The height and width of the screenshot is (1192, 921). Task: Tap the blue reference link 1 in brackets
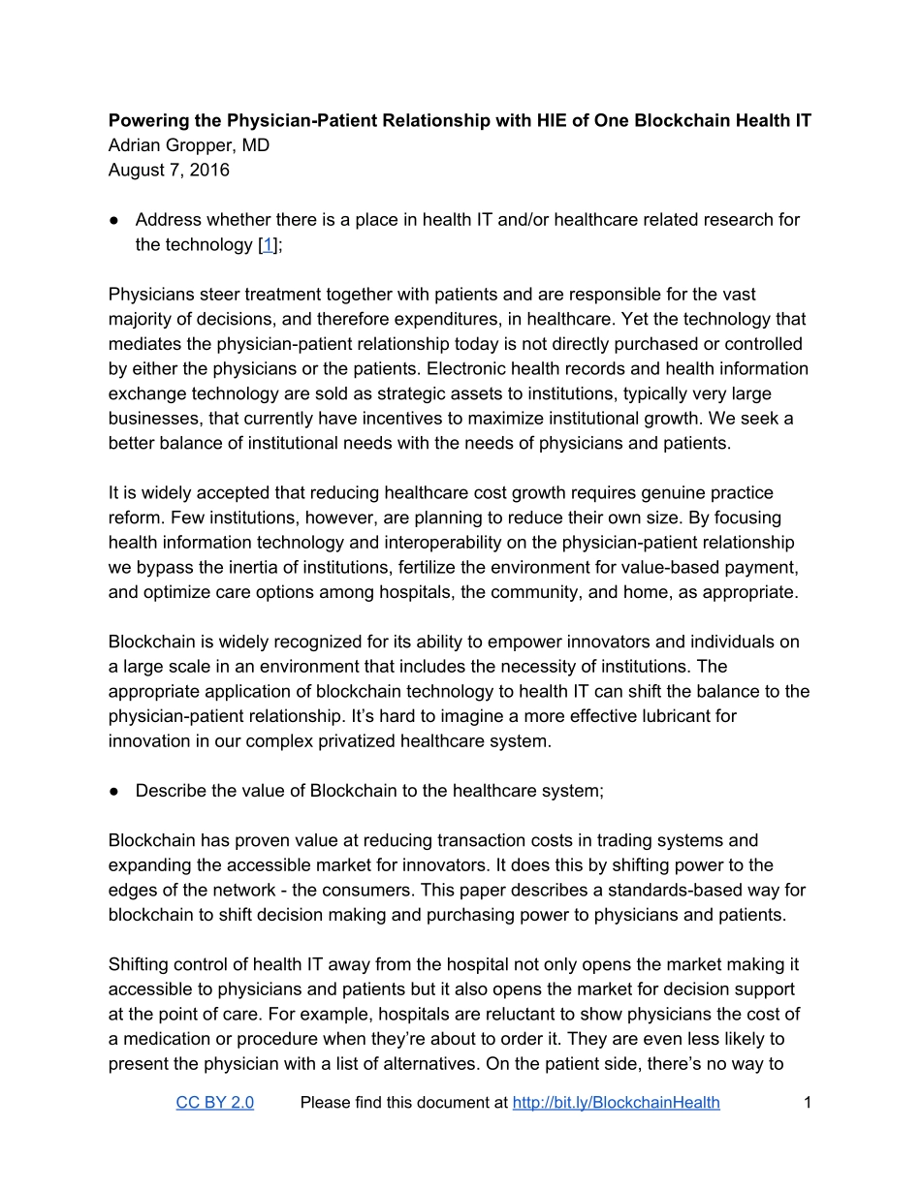268,244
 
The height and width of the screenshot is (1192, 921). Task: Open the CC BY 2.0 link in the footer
214,1102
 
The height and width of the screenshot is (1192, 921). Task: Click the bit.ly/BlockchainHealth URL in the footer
616,1102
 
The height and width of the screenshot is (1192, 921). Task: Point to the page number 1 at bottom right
807,1102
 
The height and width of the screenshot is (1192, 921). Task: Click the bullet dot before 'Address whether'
114,220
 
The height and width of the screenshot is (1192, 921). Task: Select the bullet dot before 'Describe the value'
114,791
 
